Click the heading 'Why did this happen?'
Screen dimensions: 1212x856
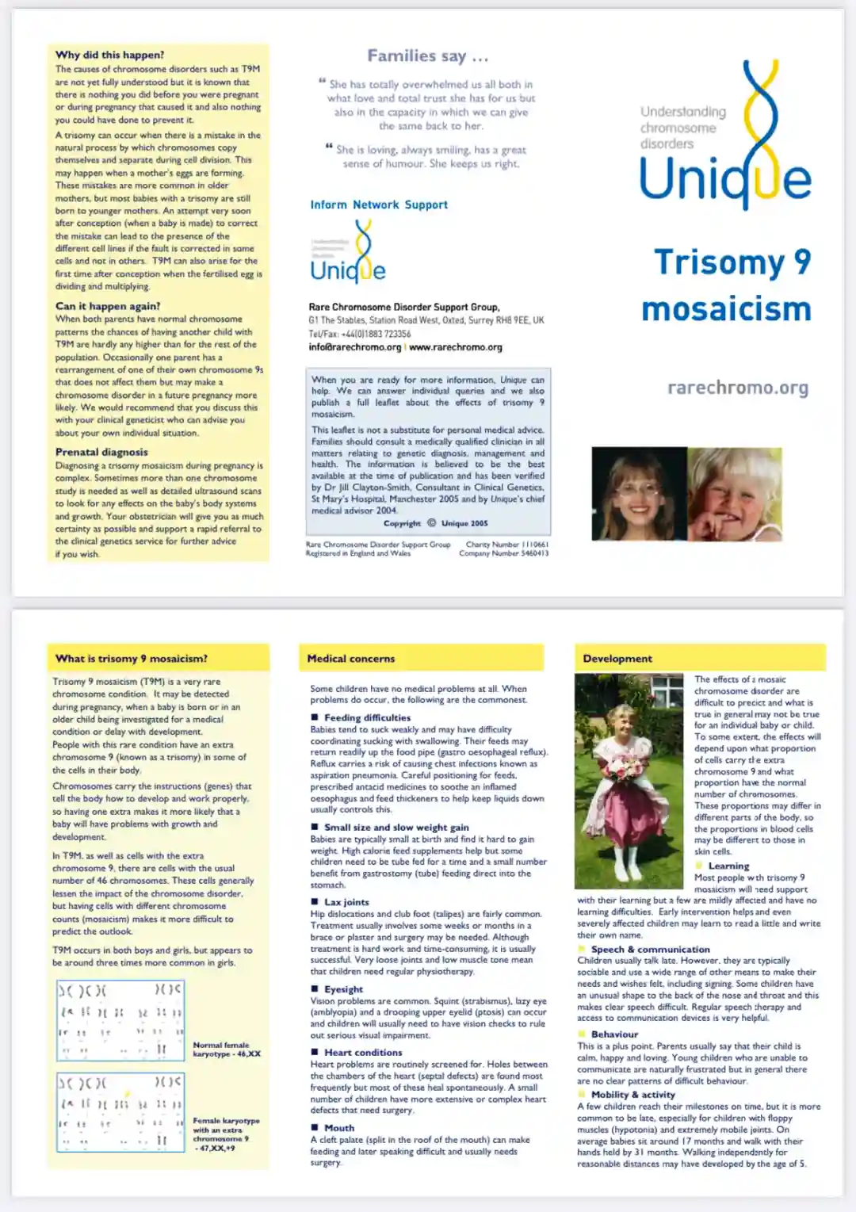(109, 55)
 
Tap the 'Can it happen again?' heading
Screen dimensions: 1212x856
(108, 306)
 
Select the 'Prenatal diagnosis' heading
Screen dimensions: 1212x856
(101, 452)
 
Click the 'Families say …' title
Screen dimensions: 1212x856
(427, 56)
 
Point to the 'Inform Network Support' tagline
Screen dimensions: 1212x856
(379, 205)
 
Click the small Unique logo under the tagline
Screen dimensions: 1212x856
(349, 254)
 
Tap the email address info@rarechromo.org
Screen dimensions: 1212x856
(355, 347)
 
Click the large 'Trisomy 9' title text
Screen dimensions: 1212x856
(732, 262)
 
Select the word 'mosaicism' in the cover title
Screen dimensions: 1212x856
(726, 309)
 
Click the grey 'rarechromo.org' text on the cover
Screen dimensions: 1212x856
(737, 388)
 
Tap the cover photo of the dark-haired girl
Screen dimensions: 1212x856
(639, 495)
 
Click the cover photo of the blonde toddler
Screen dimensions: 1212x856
(734, 495)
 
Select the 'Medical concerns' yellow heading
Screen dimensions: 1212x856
(351, 659)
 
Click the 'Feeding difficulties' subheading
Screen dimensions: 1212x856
(367, 717)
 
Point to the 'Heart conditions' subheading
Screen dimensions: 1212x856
(363, 1052)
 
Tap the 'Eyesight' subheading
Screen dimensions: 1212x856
(343, 989)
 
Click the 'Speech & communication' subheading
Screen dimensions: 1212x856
(650, 949)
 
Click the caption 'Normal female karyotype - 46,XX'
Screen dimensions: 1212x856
(226, 1050)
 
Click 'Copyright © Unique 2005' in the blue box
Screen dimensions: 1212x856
(435, 523)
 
